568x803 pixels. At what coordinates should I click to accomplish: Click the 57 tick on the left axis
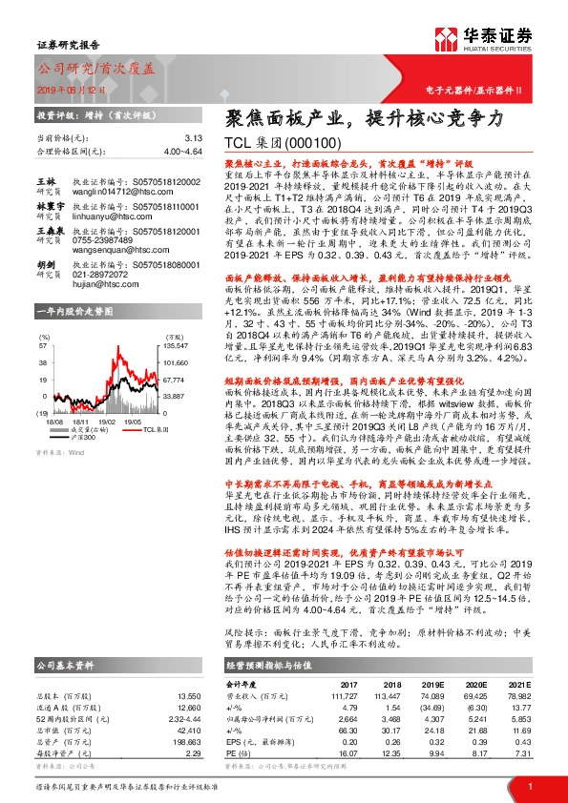[42, 330]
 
